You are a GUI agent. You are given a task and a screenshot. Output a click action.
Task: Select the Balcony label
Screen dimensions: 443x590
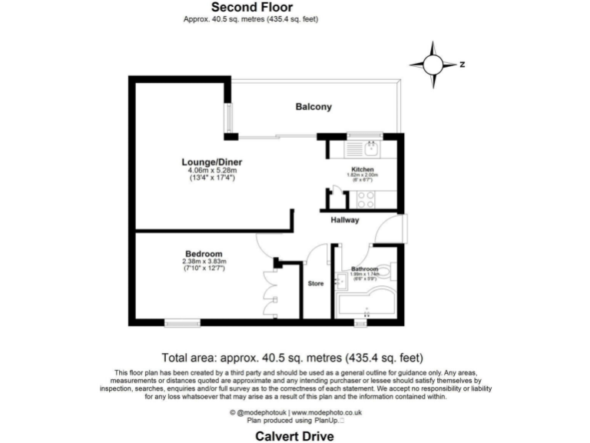313,107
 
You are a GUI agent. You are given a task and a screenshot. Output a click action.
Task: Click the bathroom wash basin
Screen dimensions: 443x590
340,281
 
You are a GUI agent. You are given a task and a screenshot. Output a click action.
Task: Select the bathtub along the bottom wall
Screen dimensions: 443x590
366,305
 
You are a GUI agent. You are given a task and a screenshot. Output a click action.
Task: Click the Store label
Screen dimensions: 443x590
316,283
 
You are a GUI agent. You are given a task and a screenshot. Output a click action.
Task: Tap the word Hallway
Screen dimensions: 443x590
345,220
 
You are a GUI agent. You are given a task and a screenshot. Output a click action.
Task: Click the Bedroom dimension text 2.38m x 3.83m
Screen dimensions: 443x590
204,261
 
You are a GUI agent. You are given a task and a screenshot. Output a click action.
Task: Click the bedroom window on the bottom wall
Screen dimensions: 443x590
182,323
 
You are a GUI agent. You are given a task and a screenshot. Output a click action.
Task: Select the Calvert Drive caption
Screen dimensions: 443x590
295,436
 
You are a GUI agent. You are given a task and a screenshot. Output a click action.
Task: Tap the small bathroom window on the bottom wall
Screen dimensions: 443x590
360,323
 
